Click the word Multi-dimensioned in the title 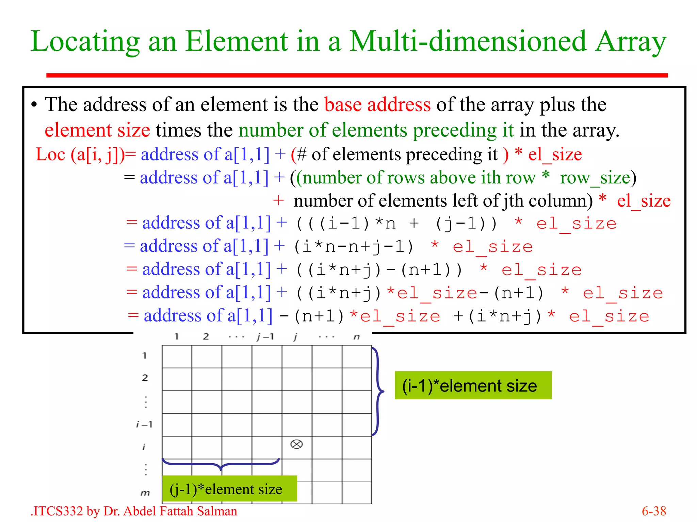tap(468, 41)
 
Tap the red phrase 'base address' tap(377, 104)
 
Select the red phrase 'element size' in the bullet tap(97, 130)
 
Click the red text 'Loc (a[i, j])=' tap(85, 155)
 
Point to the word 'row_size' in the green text tap(595, 178)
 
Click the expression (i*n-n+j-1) tap(354, 246)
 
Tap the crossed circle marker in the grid tap(296, 444)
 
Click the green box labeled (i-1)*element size tap(473, 385)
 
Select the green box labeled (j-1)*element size tap(229, 489)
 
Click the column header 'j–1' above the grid tap(265, 337)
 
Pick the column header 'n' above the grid tap(356, 337)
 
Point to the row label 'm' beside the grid tap(145, 493)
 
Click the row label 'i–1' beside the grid tap(144, 424)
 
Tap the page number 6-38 tap(653, 511)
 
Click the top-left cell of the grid tap(177, 356)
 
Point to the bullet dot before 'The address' tap(34, 105)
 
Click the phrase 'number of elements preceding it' tap(376, 130)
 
